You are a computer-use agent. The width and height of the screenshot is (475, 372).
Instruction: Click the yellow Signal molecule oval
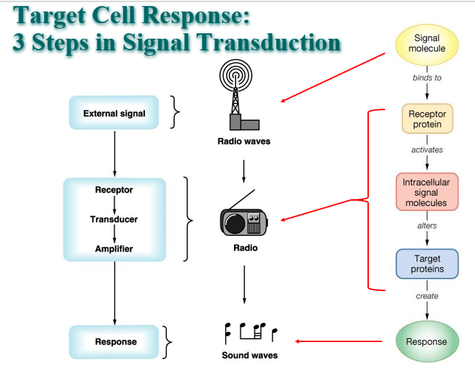click(427, 45)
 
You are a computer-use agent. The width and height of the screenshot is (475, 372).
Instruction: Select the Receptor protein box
click(427, 118)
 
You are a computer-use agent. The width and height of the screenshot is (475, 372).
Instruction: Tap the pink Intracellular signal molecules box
click(427, 192)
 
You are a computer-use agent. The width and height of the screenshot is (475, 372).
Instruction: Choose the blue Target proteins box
click(427, 264)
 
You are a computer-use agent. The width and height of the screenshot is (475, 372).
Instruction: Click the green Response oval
click(427, 341)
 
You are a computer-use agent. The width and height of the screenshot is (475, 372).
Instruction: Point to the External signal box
click(114, 113)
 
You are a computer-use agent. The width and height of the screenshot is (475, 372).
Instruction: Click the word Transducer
click(114, 219)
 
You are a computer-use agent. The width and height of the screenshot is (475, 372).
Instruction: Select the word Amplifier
click(114, 249)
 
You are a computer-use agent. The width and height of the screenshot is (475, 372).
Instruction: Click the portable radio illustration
click(244, 218)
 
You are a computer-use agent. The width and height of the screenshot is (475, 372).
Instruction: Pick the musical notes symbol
click(251, 333)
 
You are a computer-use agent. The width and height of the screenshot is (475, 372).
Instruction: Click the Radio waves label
click(244, 141)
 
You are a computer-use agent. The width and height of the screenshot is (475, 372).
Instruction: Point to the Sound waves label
click(250, 355)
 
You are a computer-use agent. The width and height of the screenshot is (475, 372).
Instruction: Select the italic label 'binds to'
click(427, 78)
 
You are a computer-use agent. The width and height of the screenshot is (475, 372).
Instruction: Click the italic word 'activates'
click(427, 150)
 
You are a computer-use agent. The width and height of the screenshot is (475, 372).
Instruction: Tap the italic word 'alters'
click(427, 226)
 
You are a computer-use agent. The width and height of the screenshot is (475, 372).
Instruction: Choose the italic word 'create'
click(427, 296)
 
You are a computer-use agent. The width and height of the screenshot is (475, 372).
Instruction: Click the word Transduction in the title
click(268, 42)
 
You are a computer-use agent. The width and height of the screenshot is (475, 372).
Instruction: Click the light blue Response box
click(114, 341)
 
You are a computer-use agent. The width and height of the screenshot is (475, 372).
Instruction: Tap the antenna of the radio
click(242, 199)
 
